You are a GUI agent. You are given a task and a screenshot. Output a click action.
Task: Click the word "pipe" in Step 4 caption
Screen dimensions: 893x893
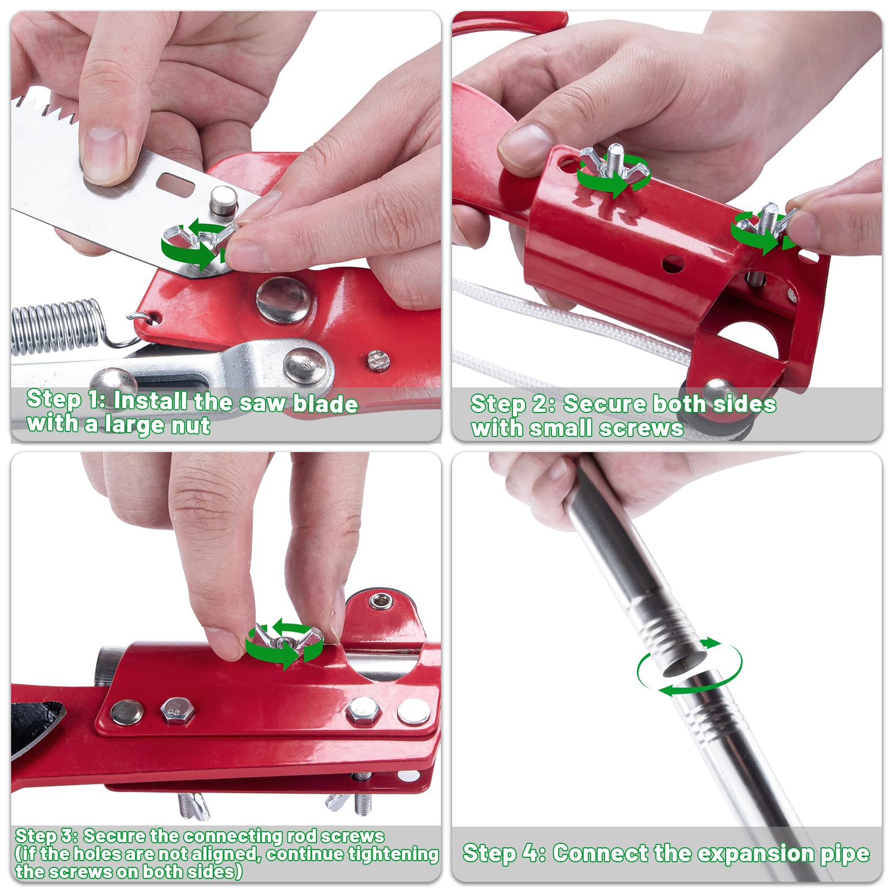tap(845, 854)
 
